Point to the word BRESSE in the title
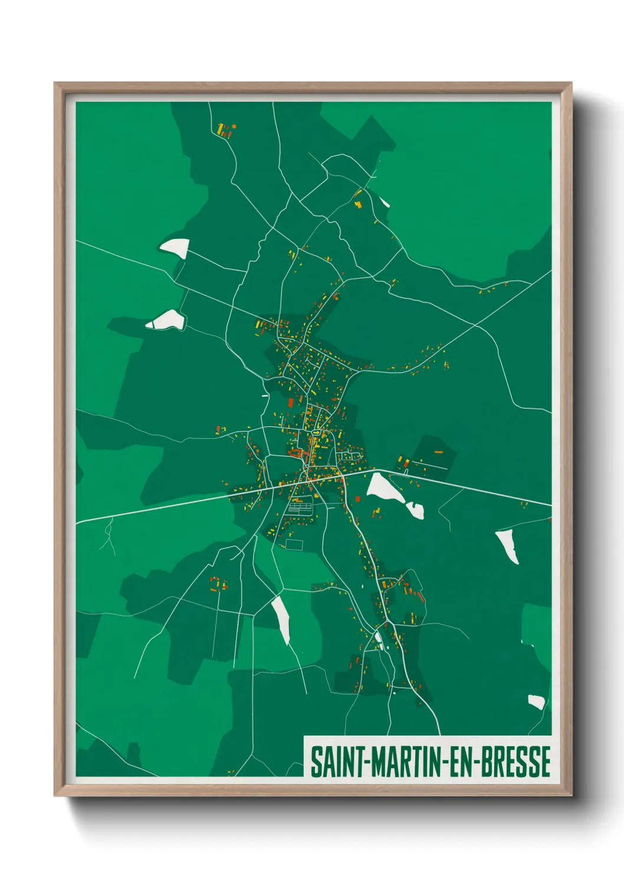(x=515, y=762)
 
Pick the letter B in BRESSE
(x=487, y=762)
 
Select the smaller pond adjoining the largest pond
(x=415, y=510)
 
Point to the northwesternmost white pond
(x=175, y=247)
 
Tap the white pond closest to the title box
(x=536, y=701)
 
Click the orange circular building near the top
(x=234, y=126)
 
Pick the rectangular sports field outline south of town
(x=294, y=544)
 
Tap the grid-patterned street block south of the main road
(x=300, y=506)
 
